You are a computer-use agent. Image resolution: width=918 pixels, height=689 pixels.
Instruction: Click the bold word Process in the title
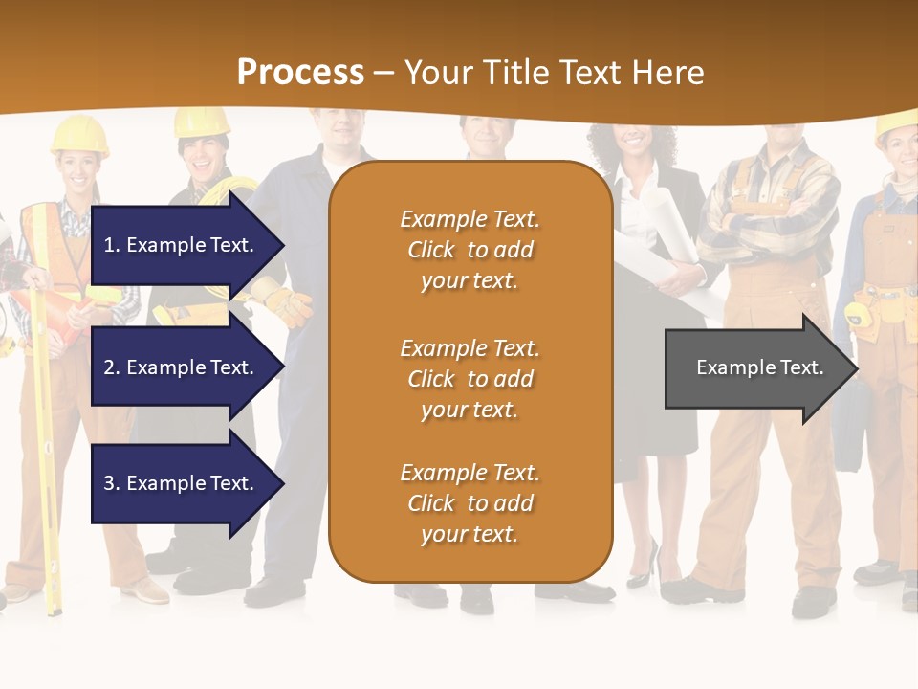(x=300, y=73)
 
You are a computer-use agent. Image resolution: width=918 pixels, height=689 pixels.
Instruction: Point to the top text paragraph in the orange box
(x=470, y=250)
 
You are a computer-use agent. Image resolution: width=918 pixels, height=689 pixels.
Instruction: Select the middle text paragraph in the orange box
(x=470, y=379)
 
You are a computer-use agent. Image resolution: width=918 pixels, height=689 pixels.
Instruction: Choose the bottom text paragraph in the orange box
(x=470, y=503)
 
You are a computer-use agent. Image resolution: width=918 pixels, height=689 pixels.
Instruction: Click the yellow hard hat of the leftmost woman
(x=78, y=134)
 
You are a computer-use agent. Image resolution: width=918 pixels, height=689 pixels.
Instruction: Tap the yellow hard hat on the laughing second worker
(x=202, y=122)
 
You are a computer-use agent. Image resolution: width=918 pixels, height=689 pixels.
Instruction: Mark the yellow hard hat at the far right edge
(x=897, y=127)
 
